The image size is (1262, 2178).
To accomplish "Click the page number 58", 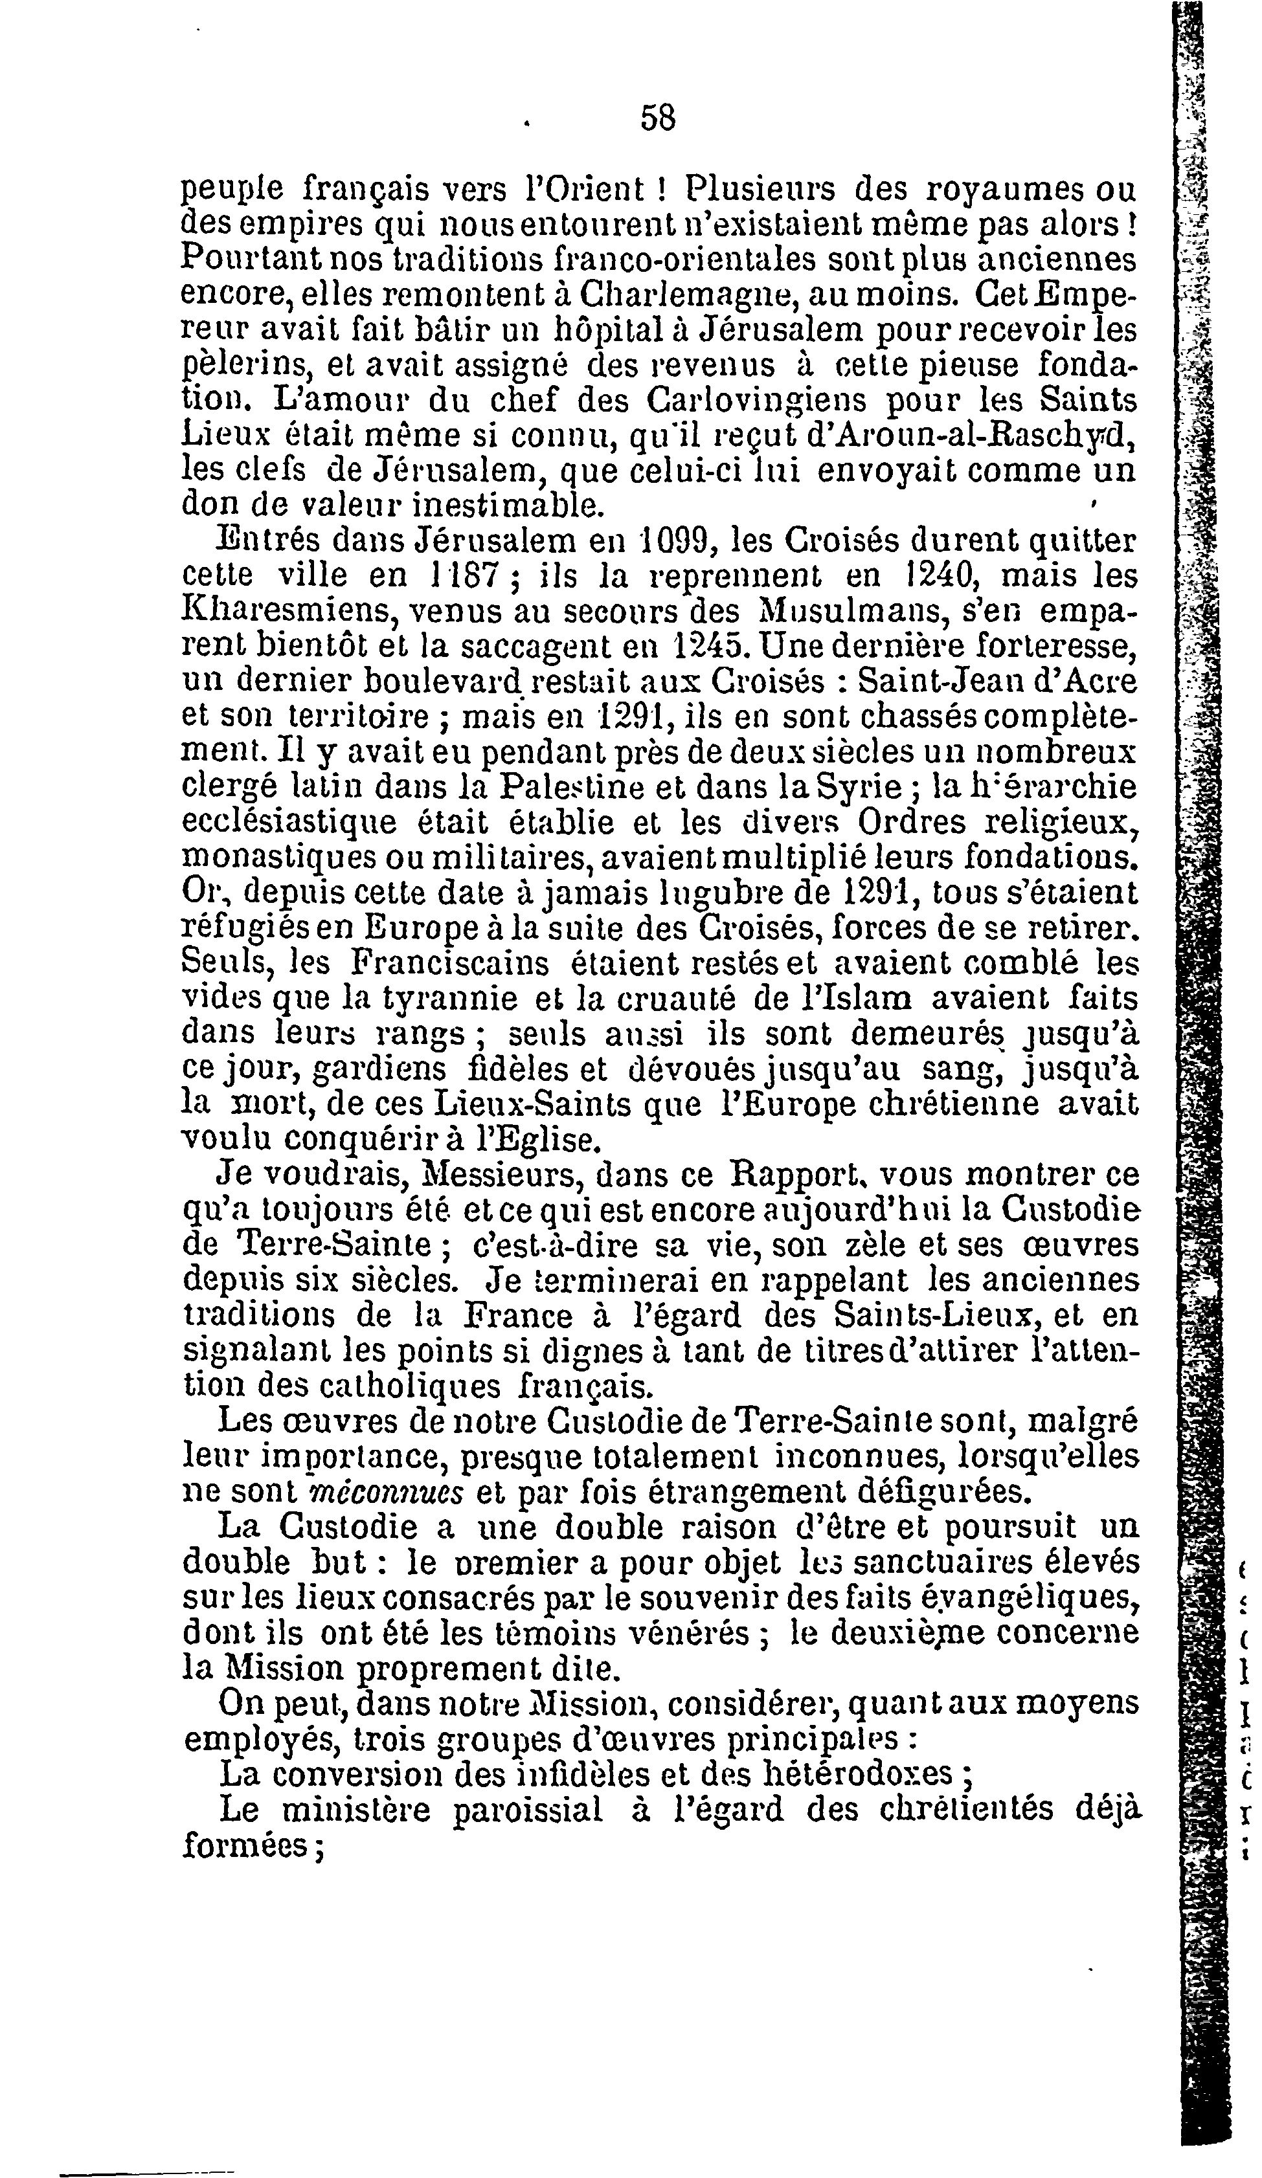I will (658, 117).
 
